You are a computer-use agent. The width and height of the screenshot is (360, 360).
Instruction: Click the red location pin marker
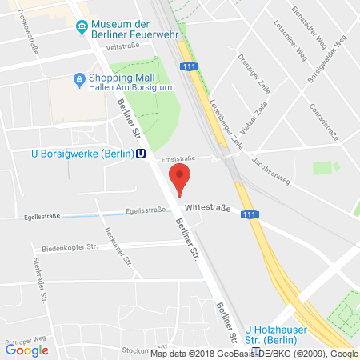coord(180,178)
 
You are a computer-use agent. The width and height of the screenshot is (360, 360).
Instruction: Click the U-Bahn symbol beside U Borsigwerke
coord(141,155)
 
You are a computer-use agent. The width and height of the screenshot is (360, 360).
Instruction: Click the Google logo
coord(26,349)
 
